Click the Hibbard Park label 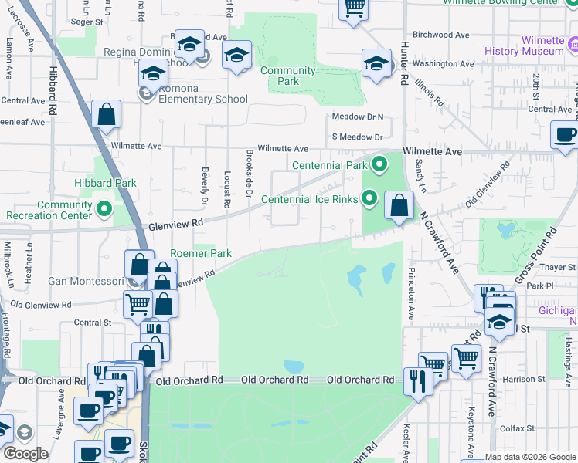pos(105,183)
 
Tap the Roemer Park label pos(201,253)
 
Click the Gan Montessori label pos(85,281)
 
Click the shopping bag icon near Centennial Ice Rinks pos(399,207)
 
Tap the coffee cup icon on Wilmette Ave pos(565,134)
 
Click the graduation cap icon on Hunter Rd pos(376,64)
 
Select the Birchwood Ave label pos(441,35)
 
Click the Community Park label pos(287,76)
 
